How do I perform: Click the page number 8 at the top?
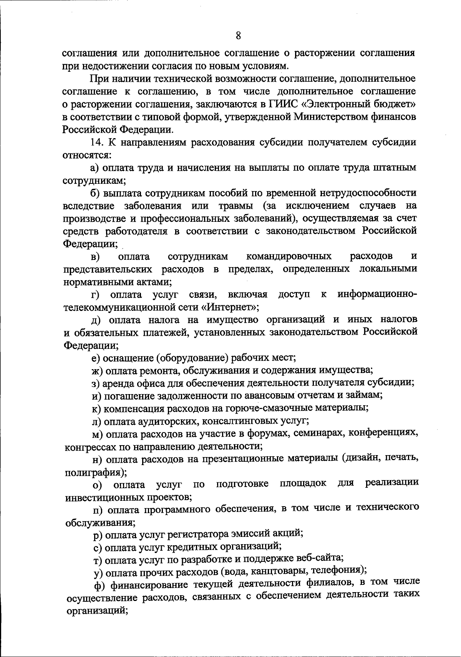[x=238, y=36]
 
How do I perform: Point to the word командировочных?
[x=289, y=256]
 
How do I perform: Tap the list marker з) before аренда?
[x=96, y=383]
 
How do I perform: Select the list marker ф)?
[x=101, y=585]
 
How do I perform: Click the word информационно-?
[x=376, y=294]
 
